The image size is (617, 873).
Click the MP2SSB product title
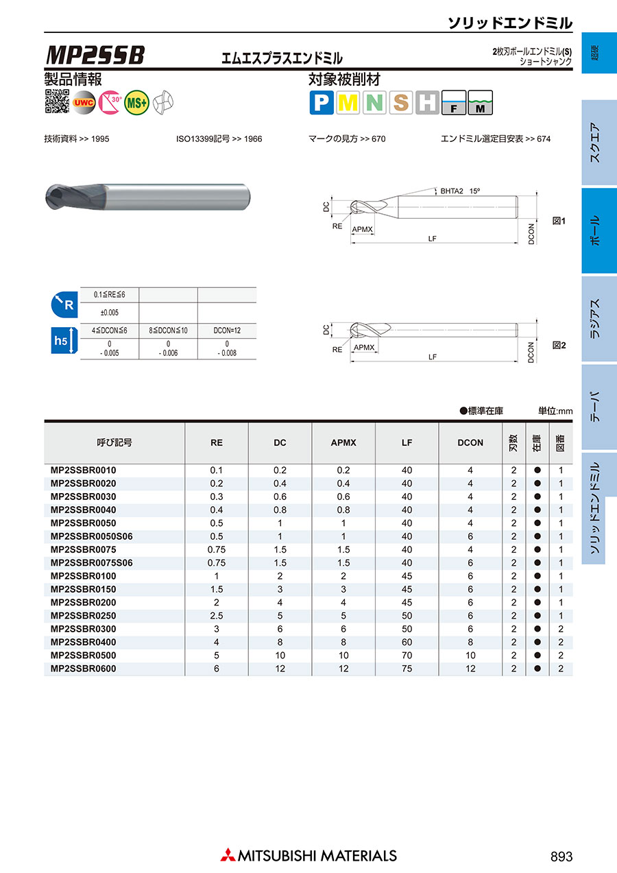point(95,55)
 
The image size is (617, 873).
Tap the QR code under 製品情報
point(57,101)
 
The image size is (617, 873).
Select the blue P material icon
point(321,103)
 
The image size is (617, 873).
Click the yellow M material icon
point(348,103)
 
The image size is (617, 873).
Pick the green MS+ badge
point(137,101)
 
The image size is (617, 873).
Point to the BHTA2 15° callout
point(460,191)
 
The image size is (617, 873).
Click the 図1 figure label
point(559,222)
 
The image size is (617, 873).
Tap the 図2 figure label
point(559,346)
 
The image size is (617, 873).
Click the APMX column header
point(343,443)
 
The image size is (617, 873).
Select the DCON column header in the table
point(470,443)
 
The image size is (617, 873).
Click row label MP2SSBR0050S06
point(92,536)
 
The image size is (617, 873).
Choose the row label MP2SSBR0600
point(84,669)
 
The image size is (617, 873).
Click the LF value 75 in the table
point(407,669)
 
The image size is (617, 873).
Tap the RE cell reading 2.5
point(217,616)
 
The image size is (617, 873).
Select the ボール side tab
point(595,230)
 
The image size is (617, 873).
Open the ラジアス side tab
point(595,319)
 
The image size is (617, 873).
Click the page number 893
point(561,857)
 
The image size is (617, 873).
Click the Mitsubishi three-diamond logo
point(228,855)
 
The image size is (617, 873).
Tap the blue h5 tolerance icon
point(62,341)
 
